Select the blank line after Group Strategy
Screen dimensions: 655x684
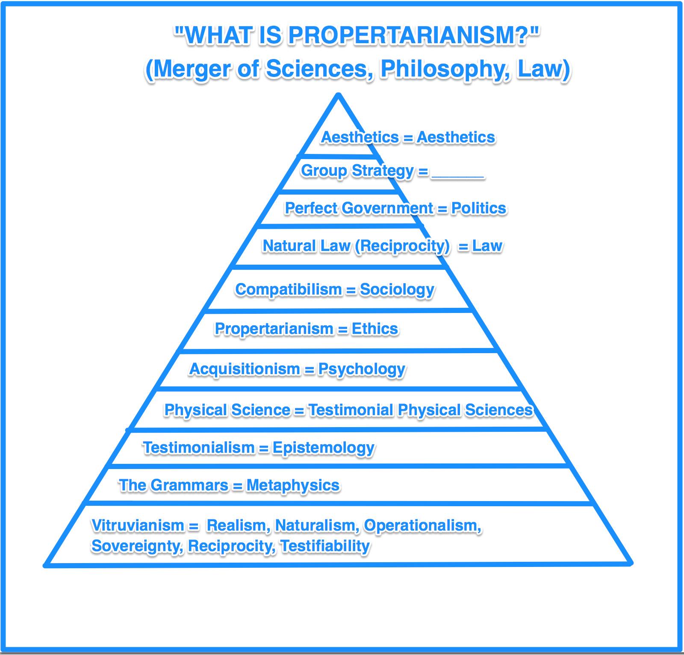click(x=458, y=173)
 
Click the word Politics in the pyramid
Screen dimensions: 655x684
click(x=478, y=208)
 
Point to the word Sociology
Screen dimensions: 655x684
click(x=397, y=289)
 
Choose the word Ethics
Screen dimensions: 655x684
click(x=374, y=329)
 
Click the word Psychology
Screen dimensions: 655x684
click(x=362, y=369)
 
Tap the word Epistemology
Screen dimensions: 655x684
click(x=324, y=448)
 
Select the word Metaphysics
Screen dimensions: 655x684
click(x=293, y=485)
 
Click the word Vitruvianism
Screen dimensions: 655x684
click(x=138, y=525)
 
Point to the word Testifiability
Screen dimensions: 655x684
click(x=325, y=546)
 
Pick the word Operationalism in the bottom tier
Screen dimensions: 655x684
click(x=422, y=525)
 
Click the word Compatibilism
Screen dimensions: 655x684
click(x=289, y=289)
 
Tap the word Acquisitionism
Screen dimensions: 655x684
click(x=245, y=369)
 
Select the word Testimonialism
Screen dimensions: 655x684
click(x=199, y=448)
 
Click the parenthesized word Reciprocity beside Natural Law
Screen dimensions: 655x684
click(x=402, y=246)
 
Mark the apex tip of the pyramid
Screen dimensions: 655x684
click(x=338, y=95)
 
